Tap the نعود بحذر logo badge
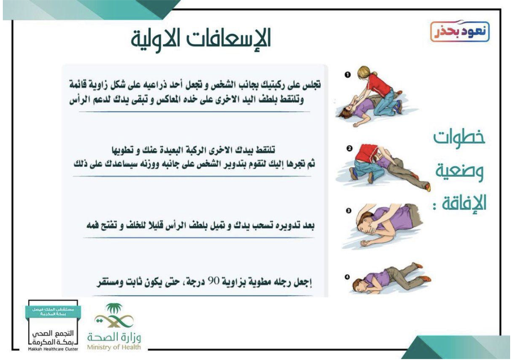click(460, 31)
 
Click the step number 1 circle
click(348, 75)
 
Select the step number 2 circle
click(349, 149)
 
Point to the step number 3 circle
click(348, 211)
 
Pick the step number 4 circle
click(347, 277)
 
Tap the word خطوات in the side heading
click(459, 137)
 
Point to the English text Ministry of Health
click(114, 347)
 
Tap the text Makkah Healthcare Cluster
click(53, 349)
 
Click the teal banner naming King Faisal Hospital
click(54, 312)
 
